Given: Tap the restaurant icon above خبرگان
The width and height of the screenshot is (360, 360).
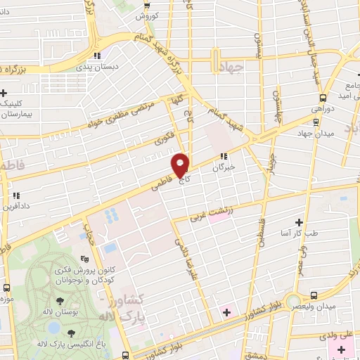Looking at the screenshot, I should [223, 157].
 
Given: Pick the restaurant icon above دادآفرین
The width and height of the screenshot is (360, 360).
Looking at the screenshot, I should [15, 196].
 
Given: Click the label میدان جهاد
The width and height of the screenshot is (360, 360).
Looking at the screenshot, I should [313, 134].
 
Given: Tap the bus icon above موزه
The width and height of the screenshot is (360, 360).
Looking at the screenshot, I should [7, 288].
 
